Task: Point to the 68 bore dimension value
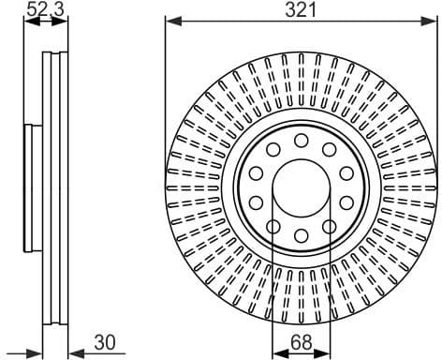coord(302,343)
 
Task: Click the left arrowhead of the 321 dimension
coord(170,20)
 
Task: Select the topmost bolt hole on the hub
coord(301,140)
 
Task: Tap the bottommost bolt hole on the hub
coord(301,235)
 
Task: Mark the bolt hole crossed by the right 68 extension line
coord(329,226)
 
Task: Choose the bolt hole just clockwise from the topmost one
coord(329,149)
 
